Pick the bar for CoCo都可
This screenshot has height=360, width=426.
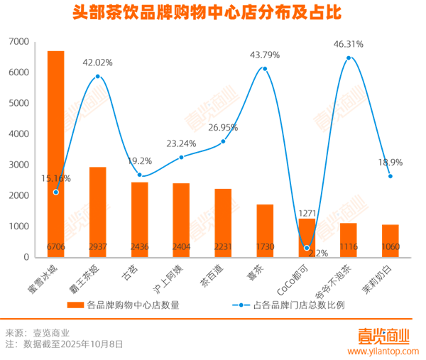click(x=307, y=237)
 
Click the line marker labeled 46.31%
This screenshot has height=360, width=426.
click(x=349, y=58)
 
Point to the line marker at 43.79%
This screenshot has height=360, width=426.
click(x=265, y=69)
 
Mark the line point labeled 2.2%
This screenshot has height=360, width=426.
click(x=307, y=248)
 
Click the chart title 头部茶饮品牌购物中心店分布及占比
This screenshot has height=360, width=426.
click(x=213, y=13)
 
